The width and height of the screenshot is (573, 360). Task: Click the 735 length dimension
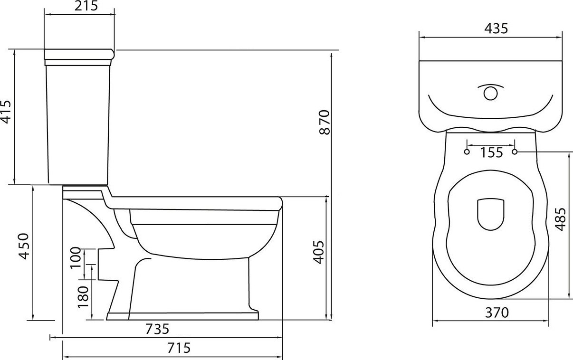click(157, 328)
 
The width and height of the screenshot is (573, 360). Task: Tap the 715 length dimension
click(178, 348)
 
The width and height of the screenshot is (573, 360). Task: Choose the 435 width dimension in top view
click(496, 28)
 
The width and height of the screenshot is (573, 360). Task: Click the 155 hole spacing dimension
click(491, 152)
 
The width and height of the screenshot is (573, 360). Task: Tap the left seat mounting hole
click(467, 152)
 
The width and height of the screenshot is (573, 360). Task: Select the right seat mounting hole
click(515, 152)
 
